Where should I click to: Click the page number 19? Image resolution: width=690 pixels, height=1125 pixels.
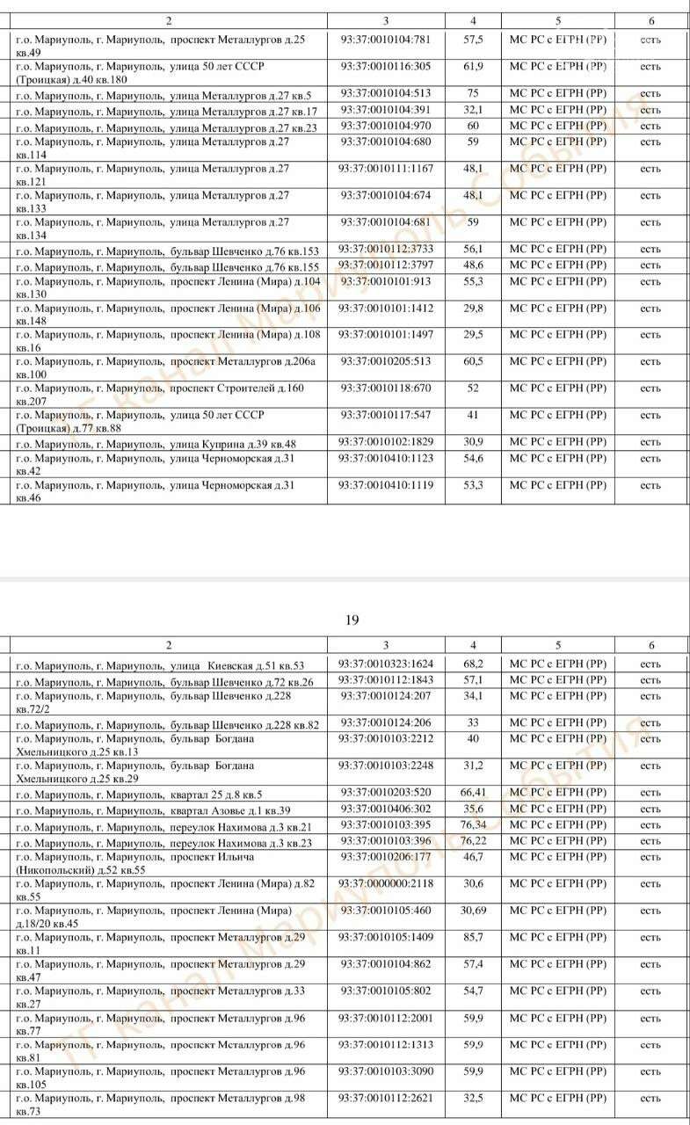coord(352,621)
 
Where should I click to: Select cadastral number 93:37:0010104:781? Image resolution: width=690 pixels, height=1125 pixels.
coord(386,40)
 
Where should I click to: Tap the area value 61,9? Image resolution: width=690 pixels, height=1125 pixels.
coord(474,66)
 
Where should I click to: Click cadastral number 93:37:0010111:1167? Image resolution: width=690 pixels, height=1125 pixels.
coord(386,169)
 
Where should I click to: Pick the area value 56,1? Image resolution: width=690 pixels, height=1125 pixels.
coord(474,250)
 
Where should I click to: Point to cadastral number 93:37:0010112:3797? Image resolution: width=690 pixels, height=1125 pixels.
coord(386,265)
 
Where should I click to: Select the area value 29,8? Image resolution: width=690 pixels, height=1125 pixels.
coord(474,308)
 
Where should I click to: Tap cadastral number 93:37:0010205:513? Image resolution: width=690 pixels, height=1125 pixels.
coord(386,361)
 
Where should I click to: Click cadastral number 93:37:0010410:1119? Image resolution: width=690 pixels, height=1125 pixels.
coord(386,485)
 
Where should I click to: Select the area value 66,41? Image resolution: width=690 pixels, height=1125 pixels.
coord(474,793)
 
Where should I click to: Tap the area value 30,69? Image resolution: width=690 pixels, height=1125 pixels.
coord(474,911)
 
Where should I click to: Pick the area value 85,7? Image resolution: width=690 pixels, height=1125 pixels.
coord(474,938)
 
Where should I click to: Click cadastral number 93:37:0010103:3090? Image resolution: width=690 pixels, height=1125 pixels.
coord(386,1071)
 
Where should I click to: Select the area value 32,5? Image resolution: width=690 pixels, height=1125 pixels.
coord(474,1098)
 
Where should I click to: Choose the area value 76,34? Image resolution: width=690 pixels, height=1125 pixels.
coord(474,825)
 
